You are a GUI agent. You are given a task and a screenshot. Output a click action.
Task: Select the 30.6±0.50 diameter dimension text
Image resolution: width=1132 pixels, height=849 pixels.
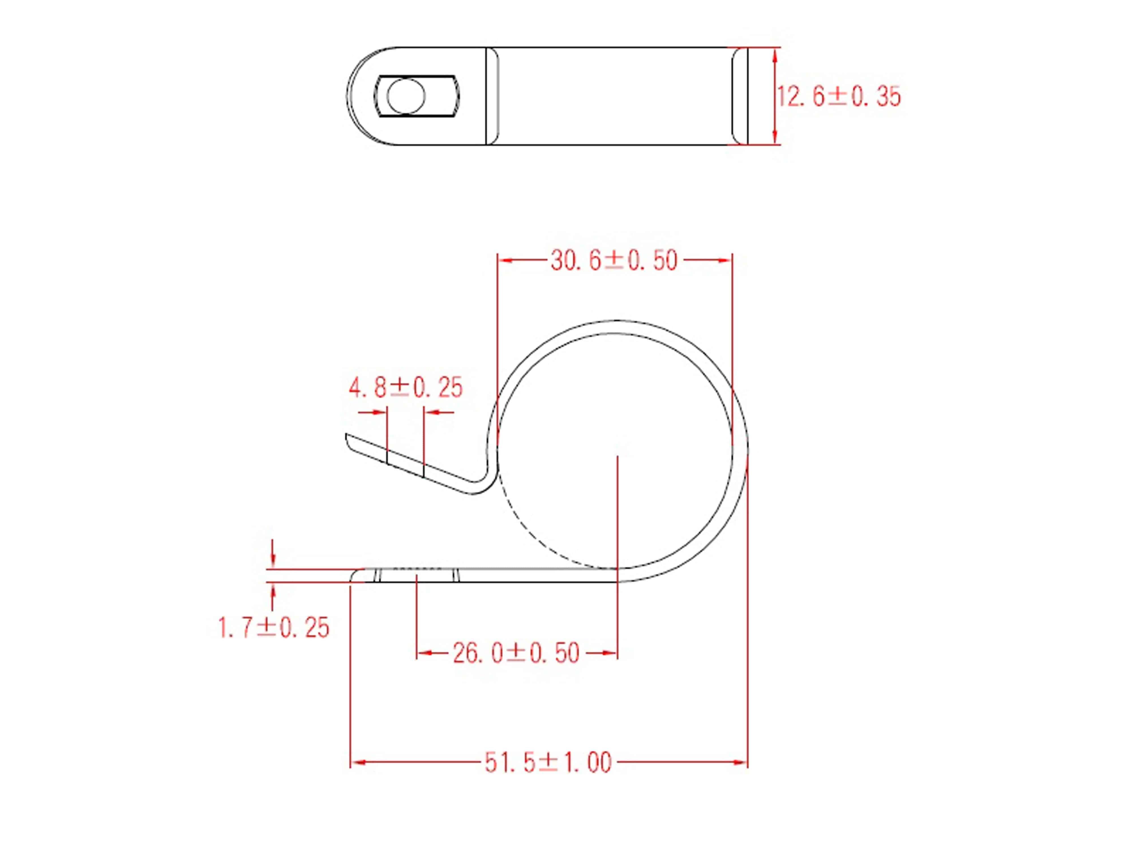(614, 260)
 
